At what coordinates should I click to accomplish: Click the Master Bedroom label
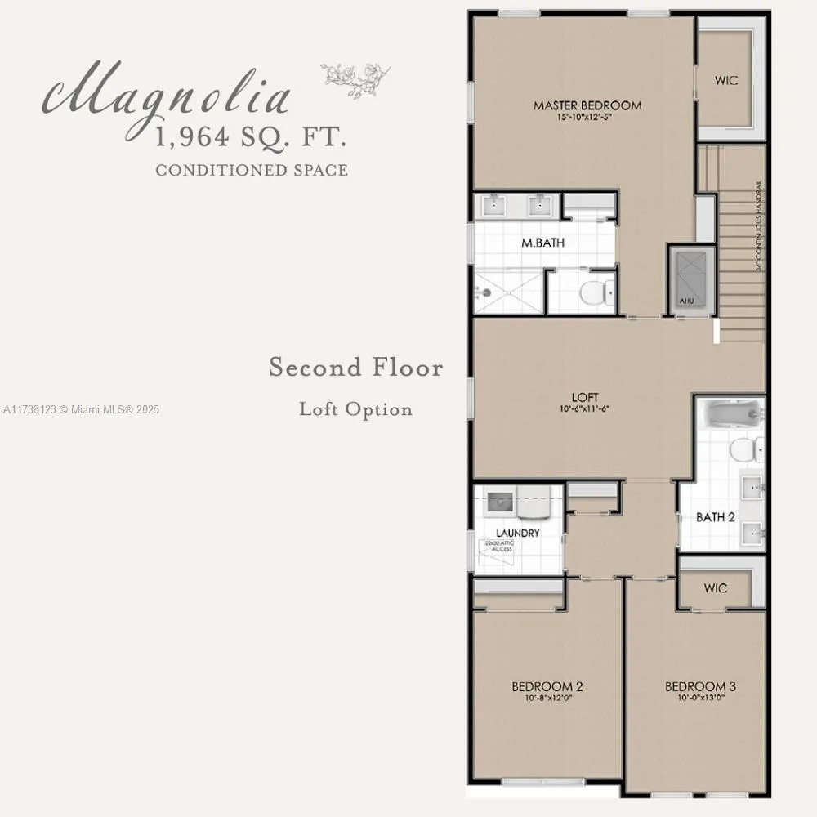tap(587, 105)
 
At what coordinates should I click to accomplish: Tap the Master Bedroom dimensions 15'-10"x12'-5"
tap(587, 117)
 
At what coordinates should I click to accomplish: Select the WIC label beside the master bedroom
tap(725, 82)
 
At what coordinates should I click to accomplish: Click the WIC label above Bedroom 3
tap(715, 588)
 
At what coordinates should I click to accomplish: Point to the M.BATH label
tap(543, 243)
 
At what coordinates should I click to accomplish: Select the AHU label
tap(685, 301)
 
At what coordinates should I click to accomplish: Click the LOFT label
tap(585, 397)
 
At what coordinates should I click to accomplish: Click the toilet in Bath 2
tap(745, 449)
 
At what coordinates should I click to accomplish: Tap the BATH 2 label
tap(715, 517)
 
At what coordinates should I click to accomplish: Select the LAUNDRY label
tap(517, 533)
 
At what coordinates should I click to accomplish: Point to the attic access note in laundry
tap(498, 547)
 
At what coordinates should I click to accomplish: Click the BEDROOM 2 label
tap(547, 686)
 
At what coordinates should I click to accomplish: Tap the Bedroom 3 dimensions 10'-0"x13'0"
tap(694, 698)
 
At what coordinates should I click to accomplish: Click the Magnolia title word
tap(167, 96)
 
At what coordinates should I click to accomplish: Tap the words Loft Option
tap(355, 408)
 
